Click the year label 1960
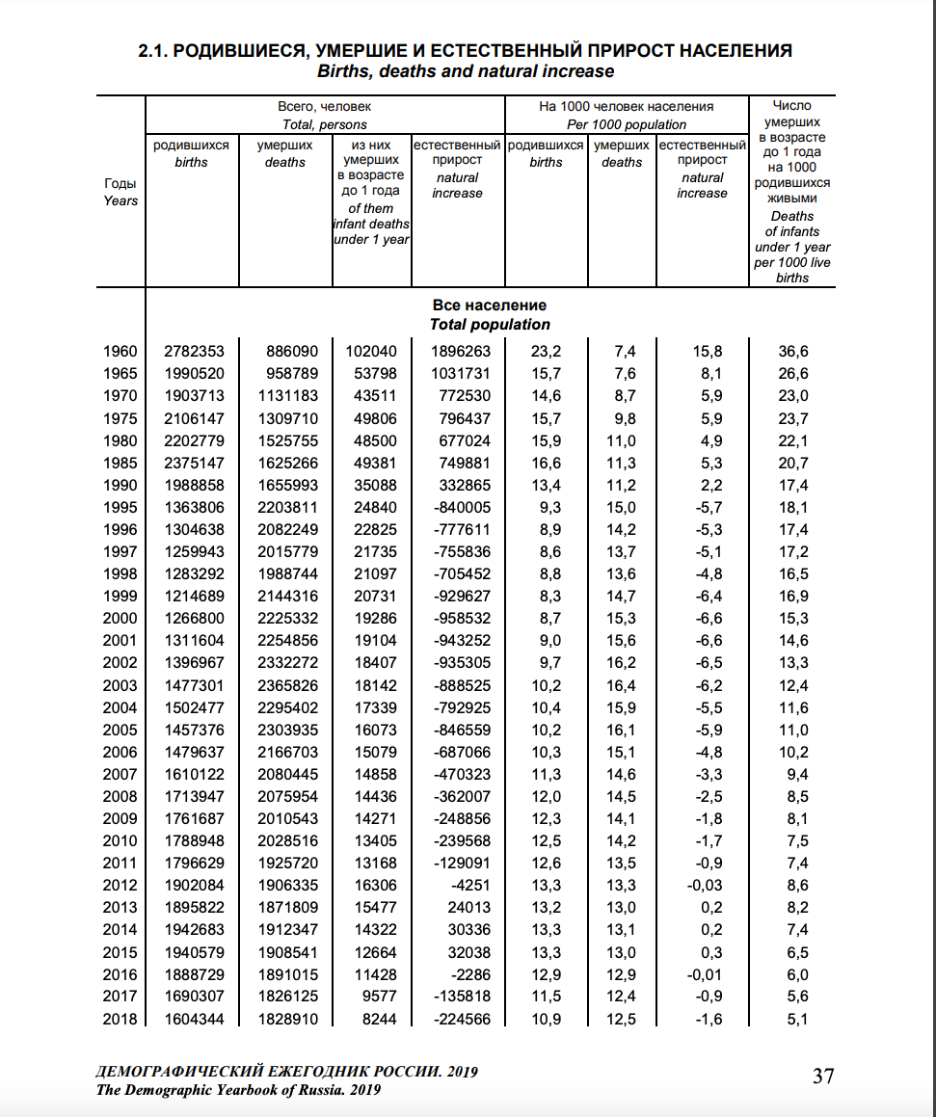click(x=120, y=352)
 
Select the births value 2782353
click(x=195, y=352)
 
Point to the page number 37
click(x=823, y=1076)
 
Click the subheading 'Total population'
click(x=490, y=325)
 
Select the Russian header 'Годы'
click(x=120, y=183)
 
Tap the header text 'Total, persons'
click(x=324, y=124)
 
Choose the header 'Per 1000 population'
click(x=627, y=124)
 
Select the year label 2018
click(x=120, y=1019)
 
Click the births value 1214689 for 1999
click(x=195, y=597)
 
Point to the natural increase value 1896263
click(x=457, y=352)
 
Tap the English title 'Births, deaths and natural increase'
click(x=466, y=71)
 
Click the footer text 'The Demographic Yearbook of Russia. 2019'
click(x=239, y=1090)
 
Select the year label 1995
click(x=120, y=508)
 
